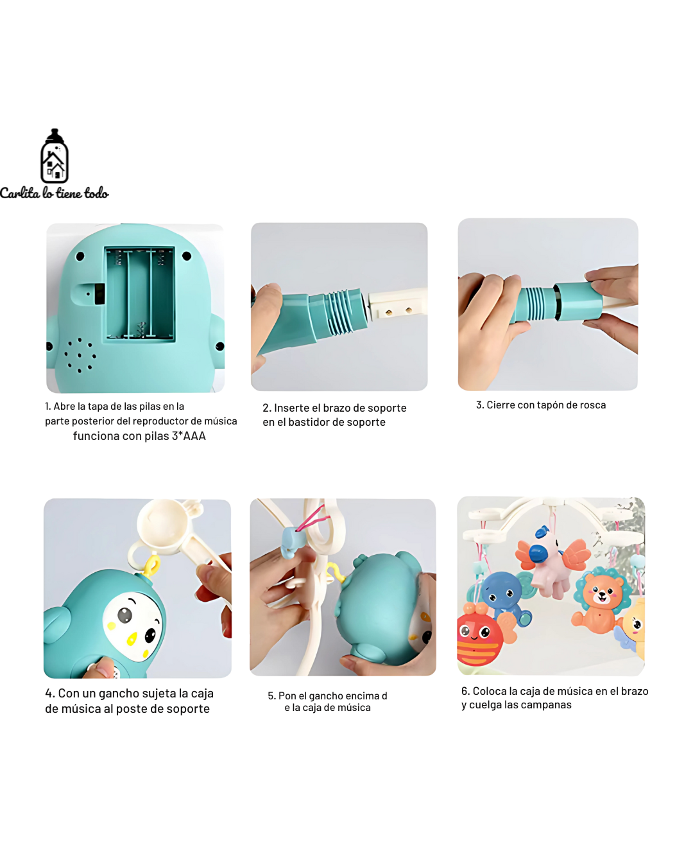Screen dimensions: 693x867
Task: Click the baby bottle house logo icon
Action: [x=55, y=156]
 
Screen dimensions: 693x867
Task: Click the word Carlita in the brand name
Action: [x=20, y=193]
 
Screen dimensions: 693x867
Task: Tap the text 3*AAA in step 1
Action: [x=189, y=436]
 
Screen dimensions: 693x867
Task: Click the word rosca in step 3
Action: [x=593, y=405]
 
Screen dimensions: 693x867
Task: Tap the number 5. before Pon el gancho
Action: [x=272, y=696]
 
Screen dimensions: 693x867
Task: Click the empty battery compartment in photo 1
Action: [x=140, y=293]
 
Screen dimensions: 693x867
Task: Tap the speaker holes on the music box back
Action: [x=80, y=355]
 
